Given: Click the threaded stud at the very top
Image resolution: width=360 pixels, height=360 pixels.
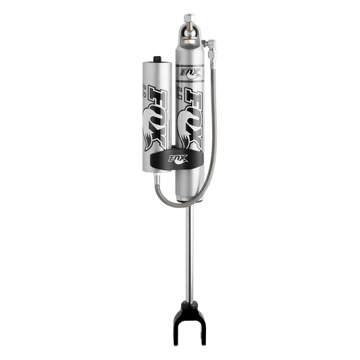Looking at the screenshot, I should pos(188,15).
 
